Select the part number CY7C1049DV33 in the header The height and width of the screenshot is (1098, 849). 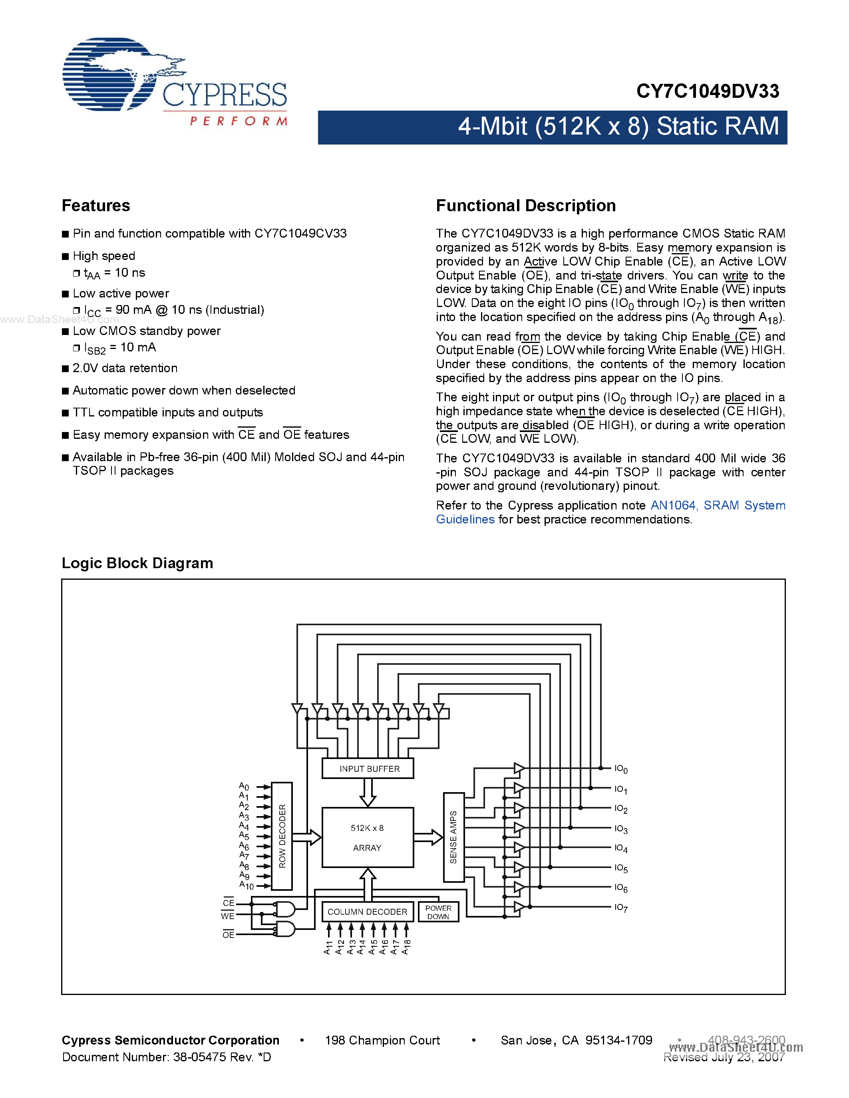pyautogui.click(x=707, y=91)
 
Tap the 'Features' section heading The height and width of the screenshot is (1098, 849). pyautogui.click(x=95, y=206)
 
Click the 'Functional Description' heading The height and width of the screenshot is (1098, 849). pyautogui.click(x=526, y=206)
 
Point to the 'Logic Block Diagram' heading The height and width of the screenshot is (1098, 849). pyautogui.click(x=137, y=563)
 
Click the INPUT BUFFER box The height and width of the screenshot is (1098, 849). pyautogui.click(x=368, y=768)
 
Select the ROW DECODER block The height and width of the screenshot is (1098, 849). pyautogui.click(x=282, y=836)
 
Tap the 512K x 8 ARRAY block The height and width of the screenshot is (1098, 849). pyautogui.click(x=368, y=838)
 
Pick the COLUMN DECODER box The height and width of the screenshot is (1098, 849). pyautogui.click(x=368, y=912)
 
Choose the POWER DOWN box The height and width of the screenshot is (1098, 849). pyautogui.click(x=438, y=912)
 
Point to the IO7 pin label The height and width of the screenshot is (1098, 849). pyautogui.click(x=620, y=908)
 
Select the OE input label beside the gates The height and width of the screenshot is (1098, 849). pyautogui.click(x=229, y=934)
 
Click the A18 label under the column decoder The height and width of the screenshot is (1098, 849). pyautogui.click(x=406, y=947)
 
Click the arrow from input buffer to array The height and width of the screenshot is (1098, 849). pyautogui.click(x=368, y=793)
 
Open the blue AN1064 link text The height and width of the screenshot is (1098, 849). pyautogui.click(x=673, y=505)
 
